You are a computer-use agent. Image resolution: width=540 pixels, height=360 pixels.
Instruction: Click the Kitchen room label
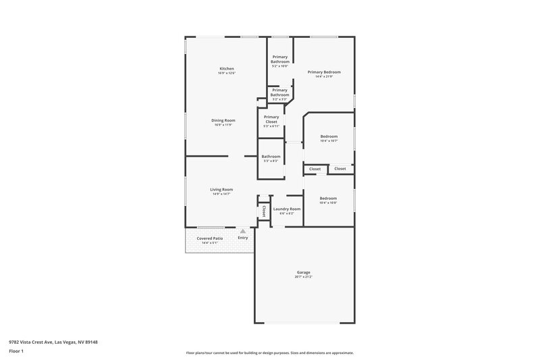pyautogui.click(x=226, y=69)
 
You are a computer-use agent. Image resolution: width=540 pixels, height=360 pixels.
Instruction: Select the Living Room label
pyautogui.click(x=221, y=189)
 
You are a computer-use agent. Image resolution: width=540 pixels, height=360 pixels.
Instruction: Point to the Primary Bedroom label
pyautogui.click(x=324, y=72)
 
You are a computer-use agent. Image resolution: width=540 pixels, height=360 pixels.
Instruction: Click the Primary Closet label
pyautogui.click(x=271, y=119)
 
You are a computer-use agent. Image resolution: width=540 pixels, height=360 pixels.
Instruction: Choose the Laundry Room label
pyautogui.click(x=287, y=209)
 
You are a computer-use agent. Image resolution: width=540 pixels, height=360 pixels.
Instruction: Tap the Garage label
pyautogui.click(x=303, y=272)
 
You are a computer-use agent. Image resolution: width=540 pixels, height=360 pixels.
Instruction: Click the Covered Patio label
pyautogui.click(x=209, y=238)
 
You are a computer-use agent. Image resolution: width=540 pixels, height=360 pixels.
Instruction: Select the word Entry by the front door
pyautogui.click(x=243, y=238)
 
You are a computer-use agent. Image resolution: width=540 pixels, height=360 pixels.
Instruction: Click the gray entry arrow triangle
pyautogui.click(x=243, y=230)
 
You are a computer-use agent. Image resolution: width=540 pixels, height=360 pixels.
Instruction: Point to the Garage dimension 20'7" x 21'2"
pyautogui.click(x=303, y=277)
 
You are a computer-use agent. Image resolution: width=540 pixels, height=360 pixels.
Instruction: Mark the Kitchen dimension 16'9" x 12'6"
pyautogui.click(x=226, y=73)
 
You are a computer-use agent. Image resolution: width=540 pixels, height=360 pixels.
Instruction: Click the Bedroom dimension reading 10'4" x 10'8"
pyautogui.click(x=328, y=203)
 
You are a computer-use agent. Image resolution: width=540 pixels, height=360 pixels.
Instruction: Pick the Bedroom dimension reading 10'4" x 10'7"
pyautogui.click(x=328, y=140)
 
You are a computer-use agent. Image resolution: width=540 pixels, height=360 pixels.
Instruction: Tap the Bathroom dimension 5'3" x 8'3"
pyautogui.click(x=271, y=161)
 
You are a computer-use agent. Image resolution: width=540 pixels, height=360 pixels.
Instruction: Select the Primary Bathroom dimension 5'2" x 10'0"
pyautogui.click(x=279, y=66)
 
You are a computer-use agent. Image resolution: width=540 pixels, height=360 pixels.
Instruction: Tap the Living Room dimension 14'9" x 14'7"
pyautogui.click(x=221, y=194)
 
